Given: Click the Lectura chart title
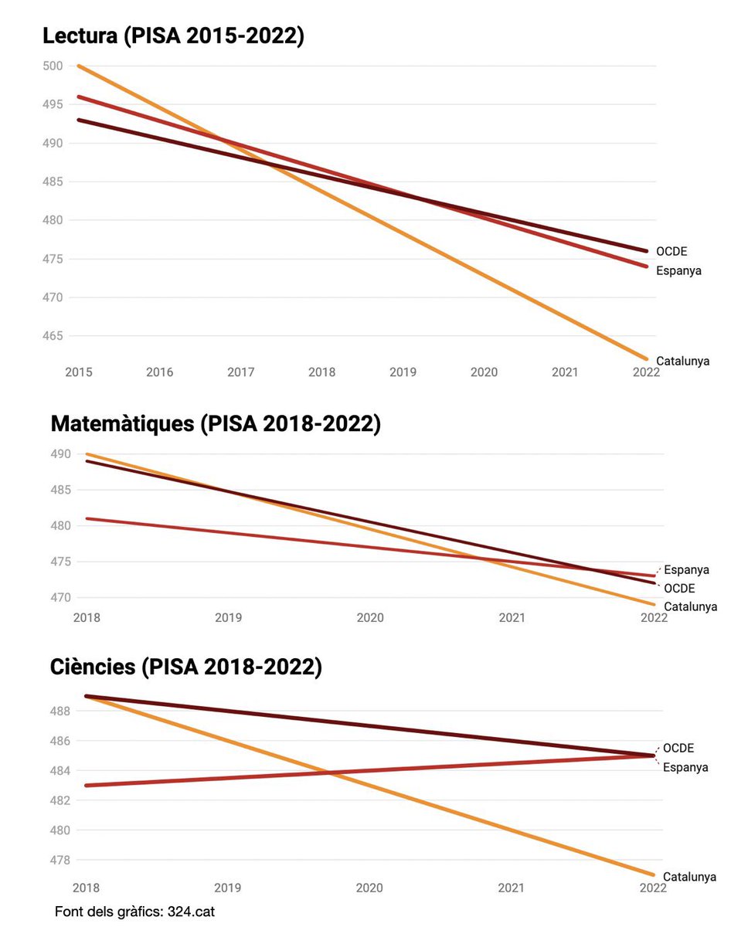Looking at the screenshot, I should click(x=173, y=36).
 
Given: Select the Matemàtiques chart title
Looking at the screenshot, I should click(x=215, y=423).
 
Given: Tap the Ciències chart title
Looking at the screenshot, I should click(x=185, y=667).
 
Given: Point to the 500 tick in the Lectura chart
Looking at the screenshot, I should click(x=53, y=66).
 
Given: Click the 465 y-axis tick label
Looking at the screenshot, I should click(x=53, y=336).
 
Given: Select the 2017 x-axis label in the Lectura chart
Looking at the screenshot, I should click(x=240, y=372).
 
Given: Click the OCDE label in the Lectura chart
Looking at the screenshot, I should click(x=671, y=251).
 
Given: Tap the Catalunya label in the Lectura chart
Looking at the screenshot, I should click(x=682, y=361).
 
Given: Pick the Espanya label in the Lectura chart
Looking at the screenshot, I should click(x=678, y=270).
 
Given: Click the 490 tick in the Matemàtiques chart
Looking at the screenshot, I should click(x=62, y=454).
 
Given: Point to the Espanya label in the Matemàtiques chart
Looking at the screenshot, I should click(x=686, y=570).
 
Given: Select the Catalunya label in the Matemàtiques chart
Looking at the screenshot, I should click(x=690, y=606).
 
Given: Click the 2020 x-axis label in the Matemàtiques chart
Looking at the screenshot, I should click(x=369, y=618).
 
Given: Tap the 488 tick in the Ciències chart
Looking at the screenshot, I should click(x=62, y=711).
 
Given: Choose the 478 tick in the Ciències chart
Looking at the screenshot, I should click(x=62, y=860).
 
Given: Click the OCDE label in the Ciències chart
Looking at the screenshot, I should click(x=678, y=748).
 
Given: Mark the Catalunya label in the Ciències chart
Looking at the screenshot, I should click(x=689, y=877).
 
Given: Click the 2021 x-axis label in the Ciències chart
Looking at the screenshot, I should click(x=512, y=888).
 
